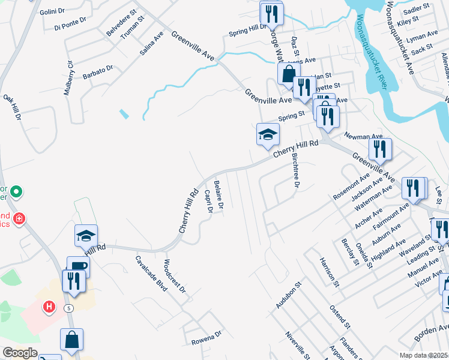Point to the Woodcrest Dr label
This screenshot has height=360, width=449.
(x=175, y=277)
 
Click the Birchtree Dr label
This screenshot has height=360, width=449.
(x=295, y=169)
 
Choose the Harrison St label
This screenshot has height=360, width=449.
(x=330, y=271)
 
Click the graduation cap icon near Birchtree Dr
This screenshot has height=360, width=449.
(x=268, y=134)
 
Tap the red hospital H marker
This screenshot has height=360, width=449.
(x=49, y=307)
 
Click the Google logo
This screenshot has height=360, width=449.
(x=20, y=353)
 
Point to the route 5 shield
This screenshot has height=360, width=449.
(x=70, y=308)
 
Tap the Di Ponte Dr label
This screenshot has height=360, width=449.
(x=70, y=23)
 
